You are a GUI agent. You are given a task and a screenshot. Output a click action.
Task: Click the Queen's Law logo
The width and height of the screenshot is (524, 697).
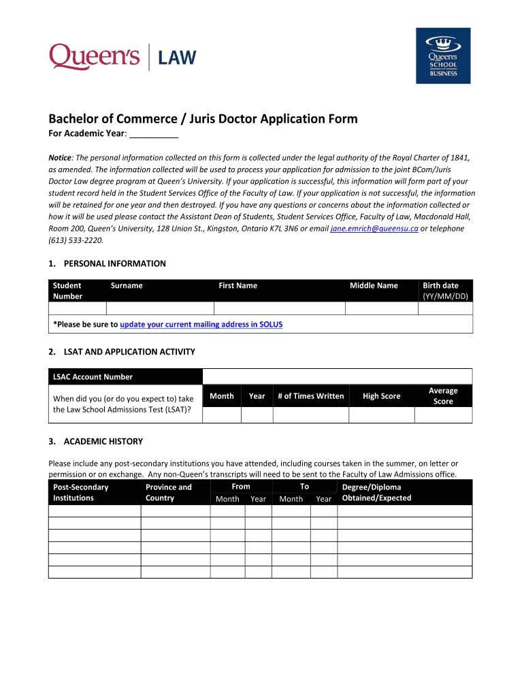122,56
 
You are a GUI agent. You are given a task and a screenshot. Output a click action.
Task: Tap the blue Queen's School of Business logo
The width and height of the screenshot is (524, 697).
443,56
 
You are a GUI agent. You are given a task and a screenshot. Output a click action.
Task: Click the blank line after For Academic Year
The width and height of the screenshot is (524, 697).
149,133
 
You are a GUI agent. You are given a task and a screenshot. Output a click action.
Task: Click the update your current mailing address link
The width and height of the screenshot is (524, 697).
201,325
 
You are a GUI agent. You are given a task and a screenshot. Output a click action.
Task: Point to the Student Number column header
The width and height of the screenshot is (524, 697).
67,291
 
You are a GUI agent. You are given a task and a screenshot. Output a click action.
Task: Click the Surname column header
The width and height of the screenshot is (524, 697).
127,286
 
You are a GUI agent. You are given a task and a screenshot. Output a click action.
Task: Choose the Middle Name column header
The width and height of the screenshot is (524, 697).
374,286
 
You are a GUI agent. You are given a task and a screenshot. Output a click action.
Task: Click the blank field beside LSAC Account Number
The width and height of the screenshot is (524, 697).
337,377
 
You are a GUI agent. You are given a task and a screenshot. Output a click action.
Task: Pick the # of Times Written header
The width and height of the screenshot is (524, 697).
310,396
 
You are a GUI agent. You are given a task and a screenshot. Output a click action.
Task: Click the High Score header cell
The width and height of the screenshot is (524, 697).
381,396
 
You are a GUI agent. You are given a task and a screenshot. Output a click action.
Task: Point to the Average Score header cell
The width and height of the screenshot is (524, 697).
443,396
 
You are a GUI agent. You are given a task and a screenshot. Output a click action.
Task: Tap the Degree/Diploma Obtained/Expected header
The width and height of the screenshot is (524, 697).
376,492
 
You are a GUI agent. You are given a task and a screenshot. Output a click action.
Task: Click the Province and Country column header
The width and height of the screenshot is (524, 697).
169,492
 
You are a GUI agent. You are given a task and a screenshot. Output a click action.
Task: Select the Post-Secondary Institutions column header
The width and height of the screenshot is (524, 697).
80,492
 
